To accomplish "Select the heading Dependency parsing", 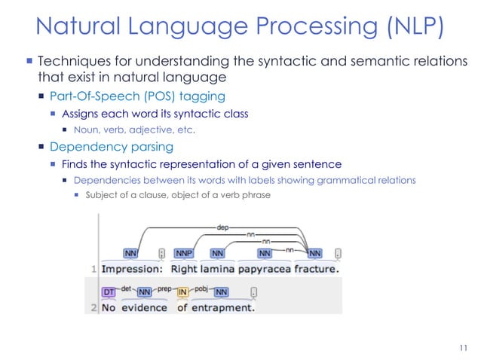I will [x=112, y=146].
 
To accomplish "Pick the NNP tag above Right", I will [x=183, y=253].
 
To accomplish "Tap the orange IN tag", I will [x=182, y=291].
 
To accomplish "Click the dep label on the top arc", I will [x=223, y=224].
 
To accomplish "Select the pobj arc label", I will [x=201, y=287].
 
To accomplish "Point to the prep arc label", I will [x=165, y=287].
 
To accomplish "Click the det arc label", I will [x=125, y=287].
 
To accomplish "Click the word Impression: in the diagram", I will [x=133, y=268].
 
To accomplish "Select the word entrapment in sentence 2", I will [x=223, y=307].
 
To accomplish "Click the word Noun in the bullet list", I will [x=87, y=130].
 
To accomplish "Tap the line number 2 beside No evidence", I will [x=94, y=307].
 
